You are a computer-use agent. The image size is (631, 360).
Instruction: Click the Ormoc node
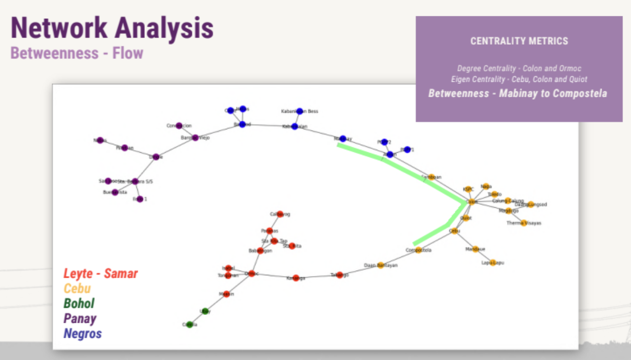[252, 274]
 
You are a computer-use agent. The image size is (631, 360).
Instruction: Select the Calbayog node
[280, 214]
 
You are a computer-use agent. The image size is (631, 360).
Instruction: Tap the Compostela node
[419, 250]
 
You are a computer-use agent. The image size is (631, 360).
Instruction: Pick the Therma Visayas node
[524, 223]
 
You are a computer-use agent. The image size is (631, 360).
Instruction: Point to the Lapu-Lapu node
[493, 263]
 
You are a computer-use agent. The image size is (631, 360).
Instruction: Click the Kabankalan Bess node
[300, 111]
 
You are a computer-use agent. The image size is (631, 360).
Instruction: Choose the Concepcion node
[179, 125]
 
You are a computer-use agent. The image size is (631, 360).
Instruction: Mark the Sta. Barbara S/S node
[135, 181]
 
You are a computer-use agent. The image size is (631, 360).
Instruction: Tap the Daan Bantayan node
[380, 265]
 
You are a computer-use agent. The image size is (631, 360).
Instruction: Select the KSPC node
[468, 189]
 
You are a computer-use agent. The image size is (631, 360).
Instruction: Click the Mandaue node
[475, 249]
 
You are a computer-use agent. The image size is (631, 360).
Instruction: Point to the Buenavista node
[115, 192]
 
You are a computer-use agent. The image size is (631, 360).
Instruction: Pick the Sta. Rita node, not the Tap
[292, 246]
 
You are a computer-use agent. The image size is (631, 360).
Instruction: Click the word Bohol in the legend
[79, 303]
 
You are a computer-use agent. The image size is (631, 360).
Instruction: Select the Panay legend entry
[80, 318]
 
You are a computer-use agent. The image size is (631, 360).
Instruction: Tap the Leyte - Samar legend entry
[101, 273]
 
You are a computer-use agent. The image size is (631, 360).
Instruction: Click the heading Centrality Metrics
[519, 41]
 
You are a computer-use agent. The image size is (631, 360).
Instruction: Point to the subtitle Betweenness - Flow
[77, 53]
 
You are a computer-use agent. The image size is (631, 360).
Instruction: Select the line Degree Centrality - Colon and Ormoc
[519, 68]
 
